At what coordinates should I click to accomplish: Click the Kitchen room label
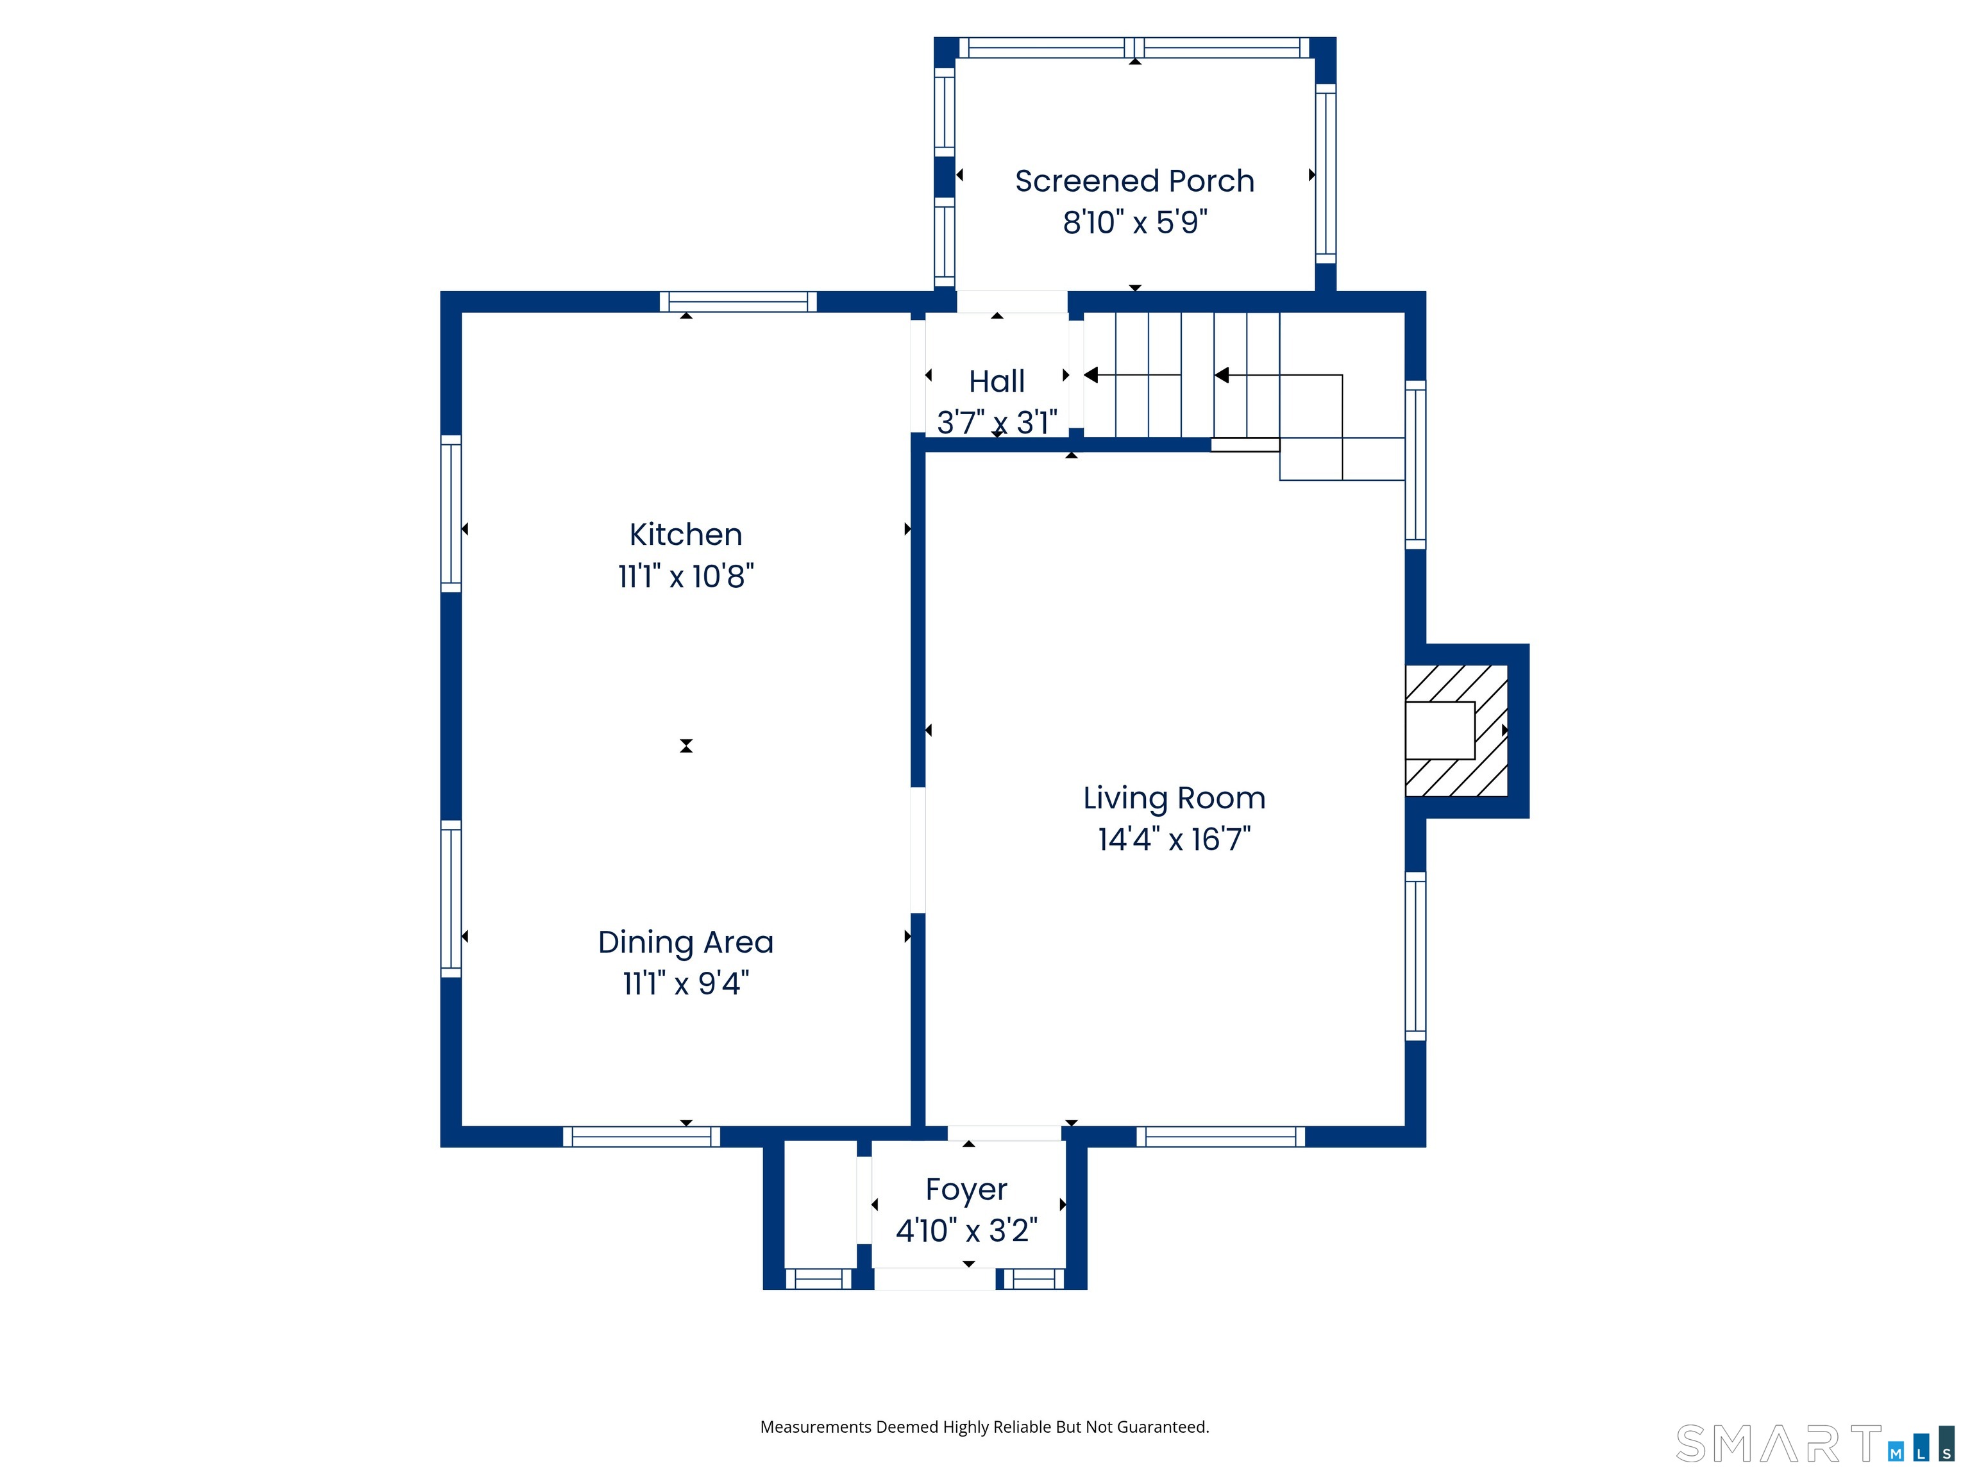(x=686, y=534)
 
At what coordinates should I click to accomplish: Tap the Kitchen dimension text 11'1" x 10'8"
(x=686, y=576)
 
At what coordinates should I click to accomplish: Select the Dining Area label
(x=686, y=942)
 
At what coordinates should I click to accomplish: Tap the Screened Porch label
(x=1134, y=181)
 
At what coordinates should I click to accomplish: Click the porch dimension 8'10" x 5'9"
(x=1134, y=222)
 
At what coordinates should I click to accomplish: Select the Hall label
(x=997, y=381)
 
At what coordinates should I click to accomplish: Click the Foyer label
(x=966, y=1189)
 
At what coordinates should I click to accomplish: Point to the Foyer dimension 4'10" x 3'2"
(x=966, y=1230)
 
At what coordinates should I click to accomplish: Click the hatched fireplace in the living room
(x=1456, y=730)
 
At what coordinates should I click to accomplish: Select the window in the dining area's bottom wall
(x=641, y=1137)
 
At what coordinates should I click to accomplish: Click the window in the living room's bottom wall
(x=1220, y=1137)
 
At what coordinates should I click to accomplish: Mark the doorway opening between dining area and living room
(x=917, y=850)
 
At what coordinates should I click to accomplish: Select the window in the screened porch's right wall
(x=1326, y=174)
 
